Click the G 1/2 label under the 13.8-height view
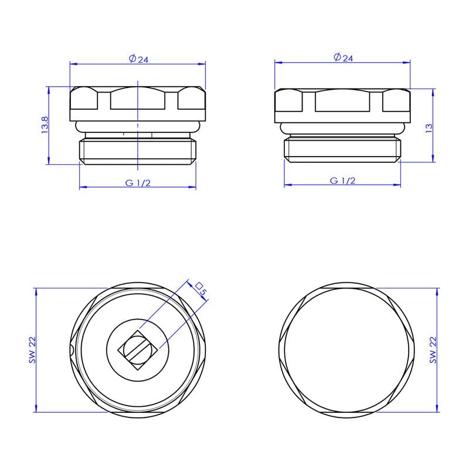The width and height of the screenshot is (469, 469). [x=138, y=182]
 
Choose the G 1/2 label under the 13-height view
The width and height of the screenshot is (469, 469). [x=343, y=181]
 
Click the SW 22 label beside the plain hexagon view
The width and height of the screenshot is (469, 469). [x=433, y=350]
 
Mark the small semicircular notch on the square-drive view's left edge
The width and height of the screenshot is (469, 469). [x=71, y=351]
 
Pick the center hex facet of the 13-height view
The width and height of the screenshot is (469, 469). [x=343, y=101]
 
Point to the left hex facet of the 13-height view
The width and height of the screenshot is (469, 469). [x=290, y=101]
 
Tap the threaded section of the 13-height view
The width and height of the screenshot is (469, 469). [x=343, y=149]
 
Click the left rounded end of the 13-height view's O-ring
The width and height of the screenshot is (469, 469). [x=283, y=127]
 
